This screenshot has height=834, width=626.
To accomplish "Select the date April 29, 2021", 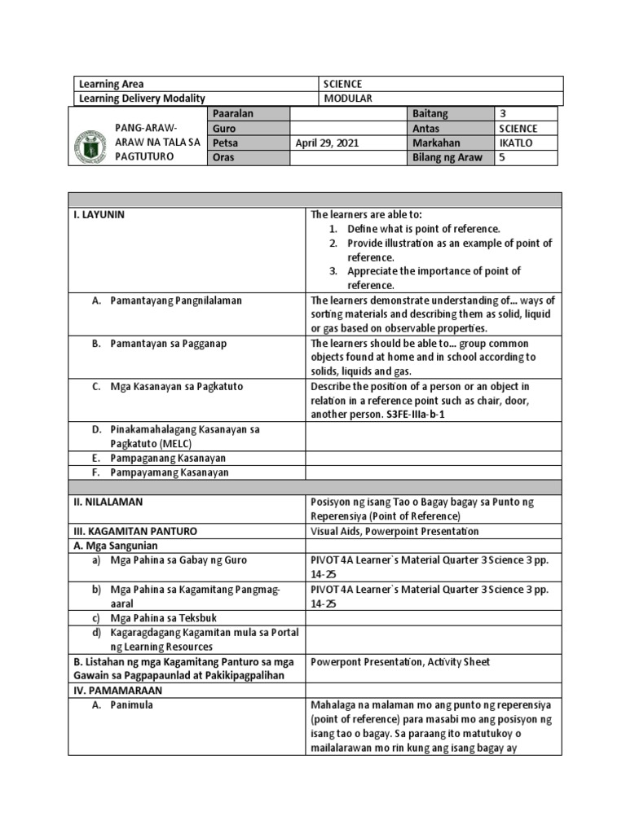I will pos(327,143).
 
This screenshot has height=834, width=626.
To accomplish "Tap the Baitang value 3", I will pos(502,113).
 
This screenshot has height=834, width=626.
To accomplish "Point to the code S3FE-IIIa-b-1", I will pos(412,415).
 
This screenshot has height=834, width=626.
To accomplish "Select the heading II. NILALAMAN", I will pos(108,502).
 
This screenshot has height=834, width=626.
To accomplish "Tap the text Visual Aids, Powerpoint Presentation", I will pos(395,531).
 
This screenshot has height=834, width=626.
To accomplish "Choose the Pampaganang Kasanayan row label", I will pos(170,459).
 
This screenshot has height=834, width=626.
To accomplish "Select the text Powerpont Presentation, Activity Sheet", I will pos(400,662).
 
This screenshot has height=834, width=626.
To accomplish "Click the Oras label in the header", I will pos(223,157).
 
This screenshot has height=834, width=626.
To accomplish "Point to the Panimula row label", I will pos(132,705).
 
